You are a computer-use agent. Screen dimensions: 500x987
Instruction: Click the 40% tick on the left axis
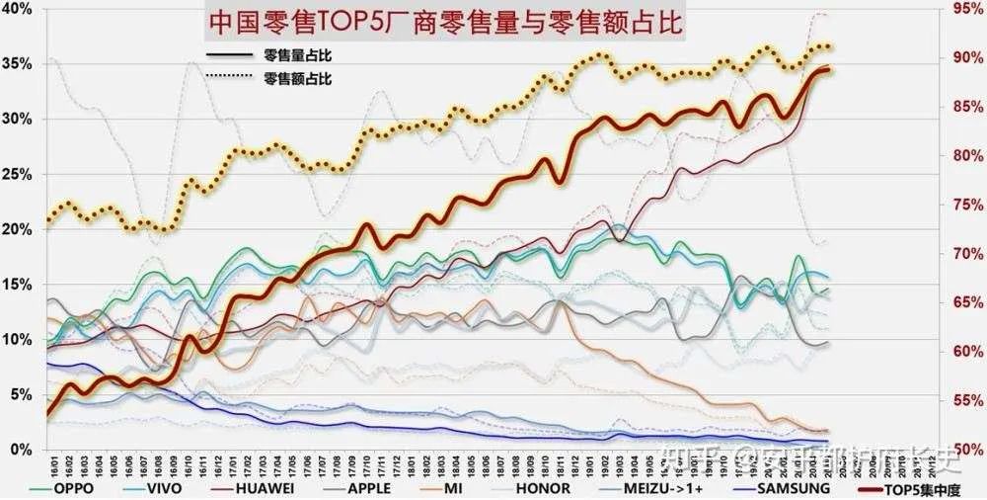pyautogui.click(x=21, y=9)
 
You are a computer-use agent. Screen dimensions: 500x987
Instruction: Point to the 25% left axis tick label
pyautogui.click(x=21, y=174)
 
